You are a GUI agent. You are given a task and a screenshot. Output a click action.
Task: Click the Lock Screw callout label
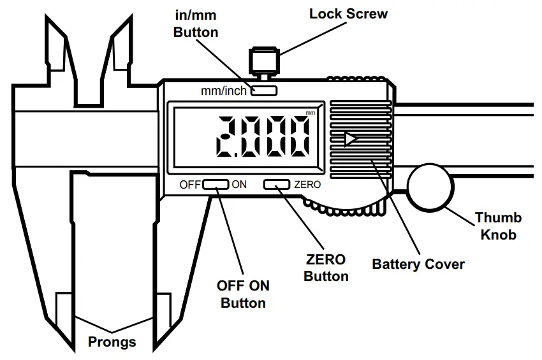pos(348,13)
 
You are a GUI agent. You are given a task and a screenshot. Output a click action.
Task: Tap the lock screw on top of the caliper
pos(263,62)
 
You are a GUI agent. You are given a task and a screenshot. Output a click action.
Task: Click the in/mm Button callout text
pos(196,23)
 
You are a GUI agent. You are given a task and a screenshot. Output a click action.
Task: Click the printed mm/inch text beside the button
pos(223,91)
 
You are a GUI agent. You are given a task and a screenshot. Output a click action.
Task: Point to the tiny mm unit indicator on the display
pos(311,113)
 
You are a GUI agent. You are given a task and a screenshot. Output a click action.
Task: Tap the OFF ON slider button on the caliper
pos(216,185)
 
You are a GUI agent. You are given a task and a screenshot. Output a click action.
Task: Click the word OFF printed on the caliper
pos(190,185)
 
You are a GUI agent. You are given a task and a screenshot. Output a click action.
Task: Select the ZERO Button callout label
pos(326,268)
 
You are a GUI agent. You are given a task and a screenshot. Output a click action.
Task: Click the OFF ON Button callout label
pos(243,294)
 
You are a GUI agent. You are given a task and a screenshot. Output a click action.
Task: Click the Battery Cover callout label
pos(418,264)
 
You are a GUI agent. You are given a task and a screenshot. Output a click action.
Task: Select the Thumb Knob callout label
pos(498,226)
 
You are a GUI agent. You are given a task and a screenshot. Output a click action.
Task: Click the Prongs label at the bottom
pos(112,342)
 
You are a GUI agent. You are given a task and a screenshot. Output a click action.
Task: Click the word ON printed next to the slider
pos(239,185)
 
